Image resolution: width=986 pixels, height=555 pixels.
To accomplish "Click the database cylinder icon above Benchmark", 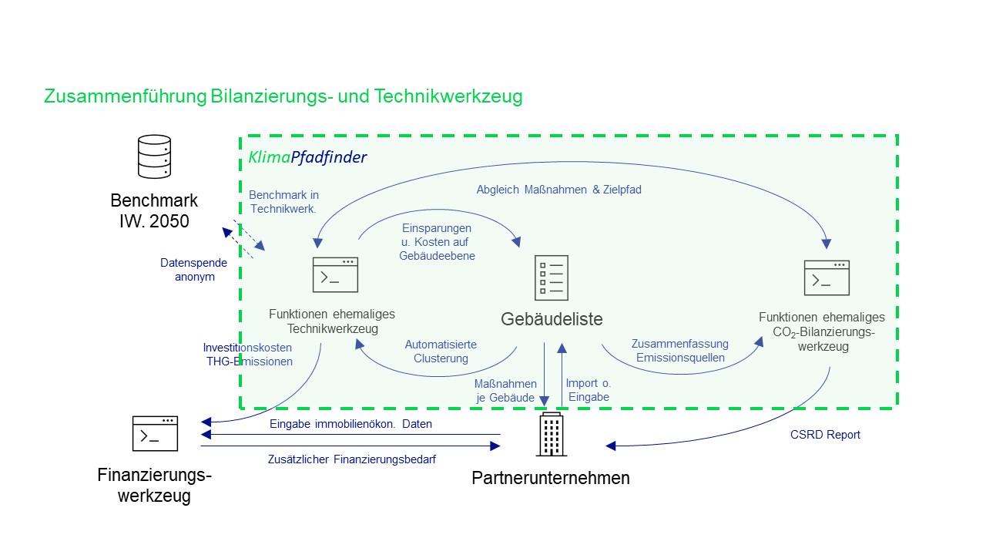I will tap(154, 156).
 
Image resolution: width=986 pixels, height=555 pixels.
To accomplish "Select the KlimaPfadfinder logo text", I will tap(307, 157).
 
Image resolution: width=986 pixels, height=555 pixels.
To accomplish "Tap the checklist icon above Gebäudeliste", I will tap(552, 277).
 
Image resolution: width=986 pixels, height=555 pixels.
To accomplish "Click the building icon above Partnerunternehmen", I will tap(551, 434).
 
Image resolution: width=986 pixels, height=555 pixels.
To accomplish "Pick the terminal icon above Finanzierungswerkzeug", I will tap(155, 433).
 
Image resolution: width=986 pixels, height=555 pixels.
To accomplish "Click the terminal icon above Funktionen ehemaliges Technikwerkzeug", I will tap(335, 274).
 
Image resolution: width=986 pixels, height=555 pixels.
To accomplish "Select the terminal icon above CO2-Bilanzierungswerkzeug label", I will tap(827, 277).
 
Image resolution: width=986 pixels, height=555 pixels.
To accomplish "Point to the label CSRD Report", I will tap(825, 435).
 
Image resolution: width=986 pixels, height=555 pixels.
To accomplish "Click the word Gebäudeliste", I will tap(552, 319).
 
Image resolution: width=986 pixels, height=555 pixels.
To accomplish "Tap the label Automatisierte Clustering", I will tap(441, 351).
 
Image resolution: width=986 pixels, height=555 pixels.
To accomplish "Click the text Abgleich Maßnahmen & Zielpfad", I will tap(558, 190).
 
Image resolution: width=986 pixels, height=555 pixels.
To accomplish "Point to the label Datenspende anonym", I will tap(194, 270).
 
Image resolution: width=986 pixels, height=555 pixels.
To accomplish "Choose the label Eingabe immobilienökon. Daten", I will tap(350, 424).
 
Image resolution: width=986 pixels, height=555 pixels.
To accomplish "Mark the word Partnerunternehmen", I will tap(551, 478).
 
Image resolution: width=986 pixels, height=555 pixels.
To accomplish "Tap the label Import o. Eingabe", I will tap(588, 390).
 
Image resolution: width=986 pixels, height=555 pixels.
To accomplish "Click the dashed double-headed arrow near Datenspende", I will tap(243, 239).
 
